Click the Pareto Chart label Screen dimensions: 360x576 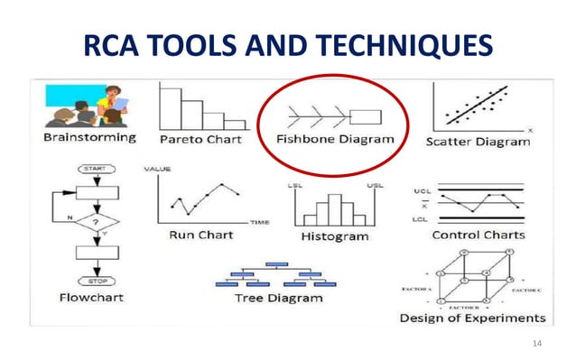(x=200, y=140)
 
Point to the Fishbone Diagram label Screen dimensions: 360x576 (x=335, y=140)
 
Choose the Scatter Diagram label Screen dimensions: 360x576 (x=478, y=141)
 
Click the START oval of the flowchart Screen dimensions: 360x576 (x=96, y=169)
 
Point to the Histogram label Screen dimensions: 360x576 (x=334, y=236)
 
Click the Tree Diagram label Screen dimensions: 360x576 (x=278, y=298)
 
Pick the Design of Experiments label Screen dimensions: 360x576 (x=472, y=318)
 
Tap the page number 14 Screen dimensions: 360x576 (x=538, y=342)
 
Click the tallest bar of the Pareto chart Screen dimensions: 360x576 (x=169, y=106)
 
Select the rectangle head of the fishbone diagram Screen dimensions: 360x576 (x=367, y=116)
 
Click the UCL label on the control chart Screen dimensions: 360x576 (x=420, y=192)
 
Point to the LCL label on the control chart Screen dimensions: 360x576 (x=420, y=219)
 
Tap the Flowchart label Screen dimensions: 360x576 (x=91, y=296)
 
